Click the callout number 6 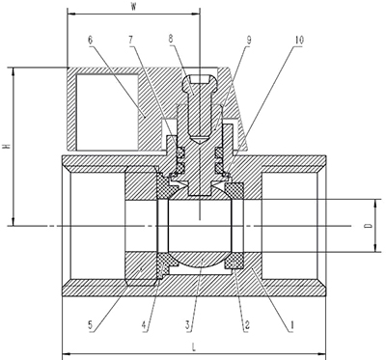pos(90,40)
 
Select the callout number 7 pos(131,40)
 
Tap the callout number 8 pos(171,39)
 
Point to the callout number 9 pos(249,40)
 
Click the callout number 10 pos(299,40)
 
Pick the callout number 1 pos(292,325)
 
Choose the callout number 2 pos(247,325)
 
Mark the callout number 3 pos(188,325)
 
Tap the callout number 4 pos(145,325)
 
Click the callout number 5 pos(92,325)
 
